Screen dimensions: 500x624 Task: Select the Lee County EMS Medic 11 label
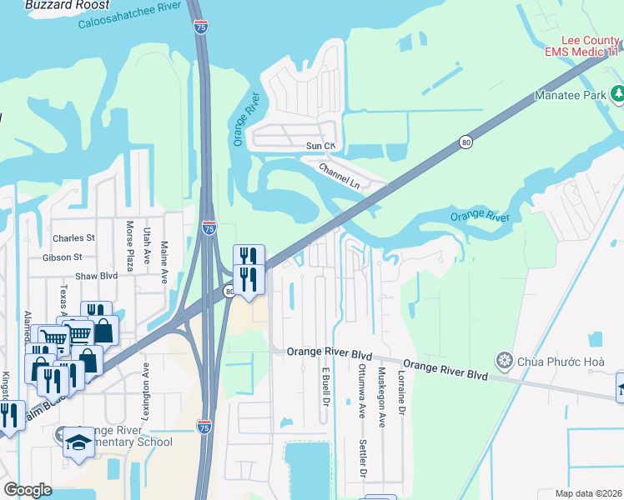(x=582, y=46)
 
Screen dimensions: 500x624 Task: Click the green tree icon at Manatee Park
(x=617, y=94)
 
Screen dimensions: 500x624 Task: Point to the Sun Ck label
(x=320, y=146)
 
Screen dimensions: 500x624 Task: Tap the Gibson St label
(x=63, y=257)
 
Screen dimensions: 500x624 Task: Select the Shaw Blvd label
(x=98, y=275)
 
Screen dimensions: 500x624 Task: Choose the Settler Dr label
(x=363, y=458)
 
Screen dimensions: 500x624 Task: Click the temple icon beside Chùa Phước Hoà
(x=503, y=361)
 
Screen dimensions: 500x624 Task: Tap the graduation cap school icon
(x=78, y=442)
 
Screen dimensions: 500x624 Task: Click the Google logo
(x=28, y=490)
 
